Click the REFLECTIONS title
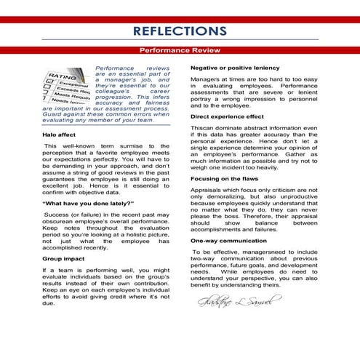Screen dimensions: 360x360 180,31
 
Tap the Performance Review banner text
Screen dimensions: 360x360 180,51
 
